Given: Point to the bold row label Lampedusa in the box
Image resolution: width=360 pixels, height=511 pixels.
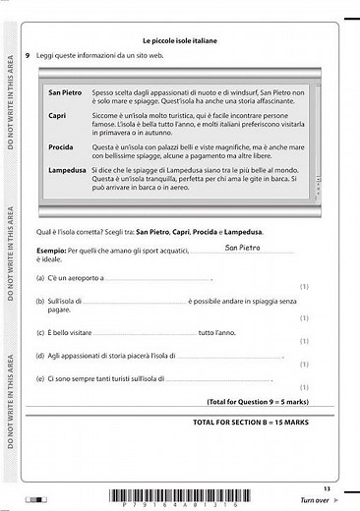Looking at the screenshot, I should click(67, 171).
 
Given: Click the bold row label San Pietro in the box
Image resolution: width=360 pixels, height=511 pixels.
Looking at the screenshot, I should click(66, 91).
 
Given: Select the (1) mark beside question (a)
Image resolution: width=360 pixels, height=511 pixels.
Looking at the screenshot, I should click(304, 287).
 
